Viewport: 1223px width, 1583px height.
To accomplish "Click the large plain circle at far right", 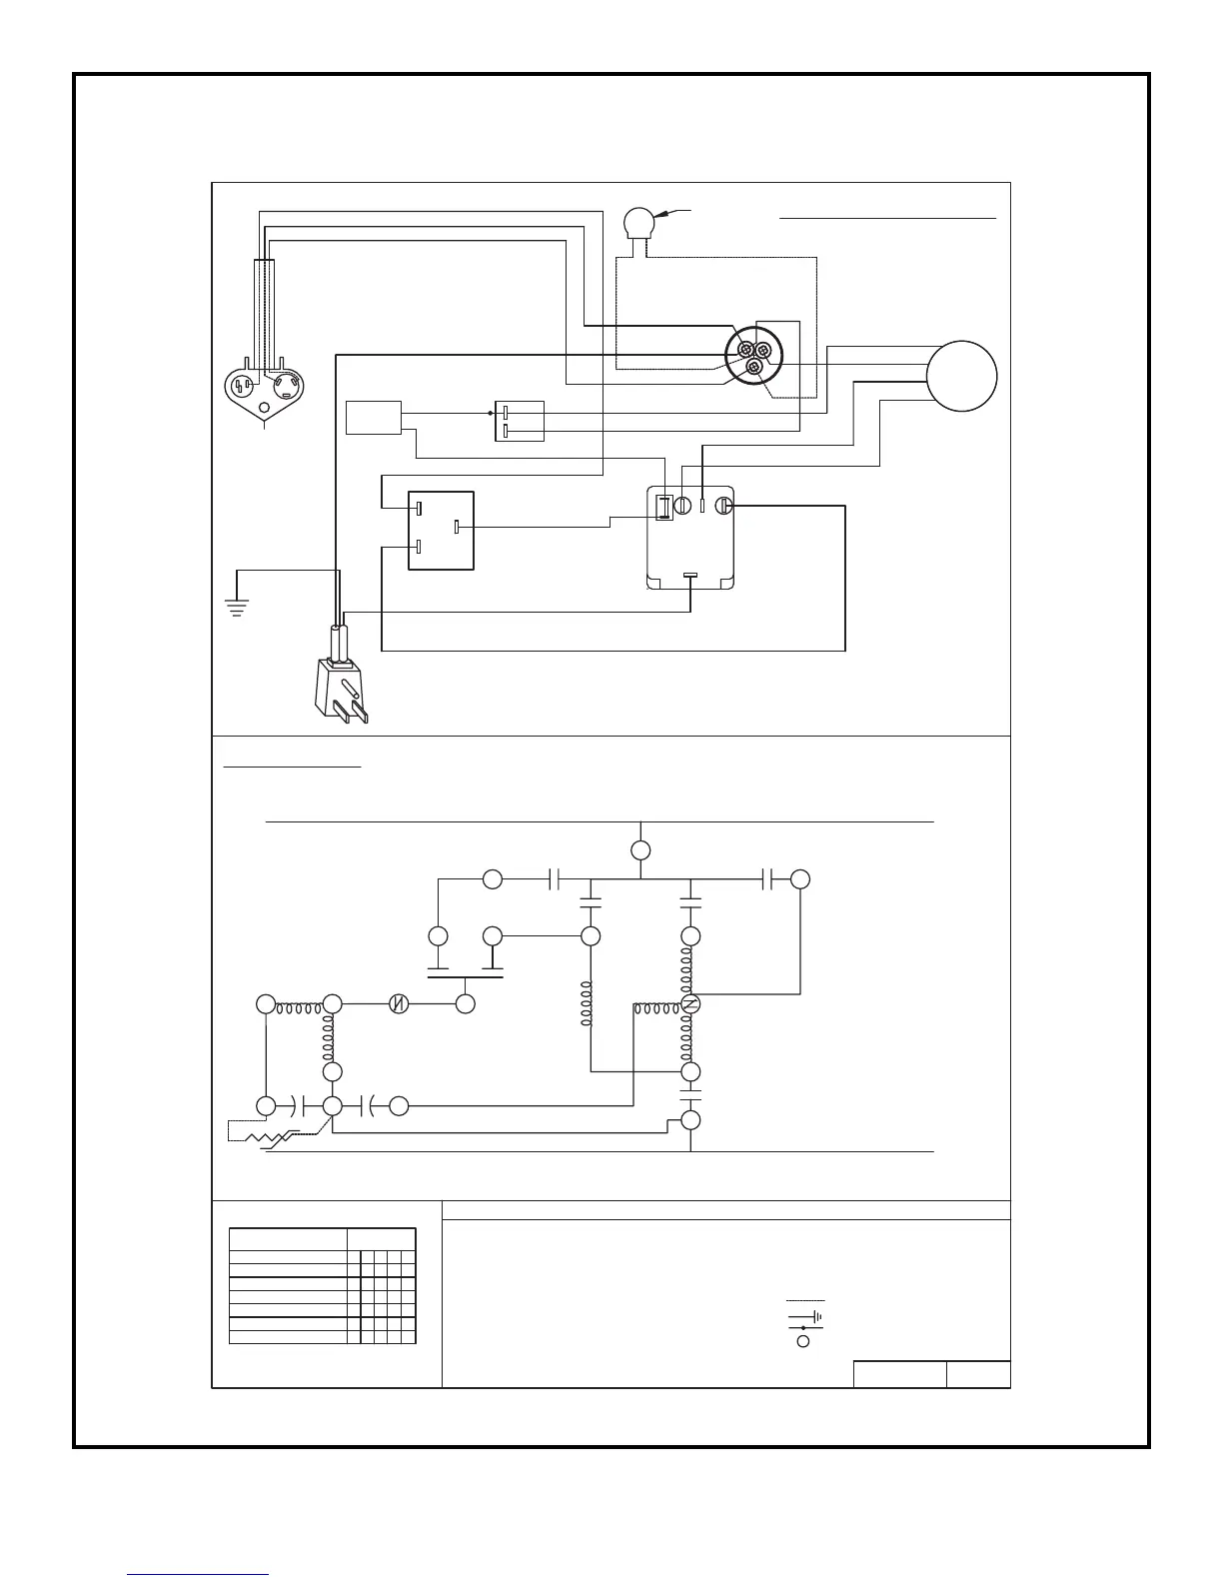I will (961, 376).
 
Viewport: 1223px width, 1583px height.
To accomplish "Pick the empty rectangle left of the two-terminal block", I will (374, 418).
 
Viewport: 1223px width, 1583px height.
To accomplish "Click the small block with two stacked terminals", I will (519, 421).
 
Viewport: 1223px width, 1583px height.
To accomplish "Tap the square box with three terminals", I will (441, 530).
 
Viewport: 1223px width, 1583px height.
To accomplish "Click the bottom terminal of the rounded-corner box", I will (689, 576).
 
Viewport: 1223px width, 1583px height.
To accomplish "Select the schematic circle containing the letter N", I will (689, 1004).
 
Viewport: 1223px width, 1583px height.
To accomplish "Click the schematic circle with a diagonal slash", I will (399, 1004).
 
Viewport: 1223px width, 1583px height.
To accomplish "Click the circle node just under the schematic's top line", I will (640, 850).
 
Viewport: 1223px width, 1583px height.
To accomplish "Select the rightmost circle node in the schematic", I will (800, 879).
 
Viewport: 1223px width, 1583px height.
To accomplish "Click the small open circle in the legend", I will (802, 1341).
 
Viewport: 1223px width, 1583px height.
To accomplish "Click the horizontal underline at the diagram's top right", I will (887, 216).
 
